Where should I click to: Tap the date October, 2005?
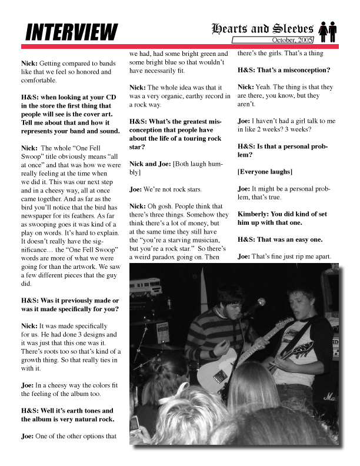pyautogui.click(x=292, y=39)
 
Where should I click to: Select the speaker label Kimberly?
pyautogui.click(x=256, y=214)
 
